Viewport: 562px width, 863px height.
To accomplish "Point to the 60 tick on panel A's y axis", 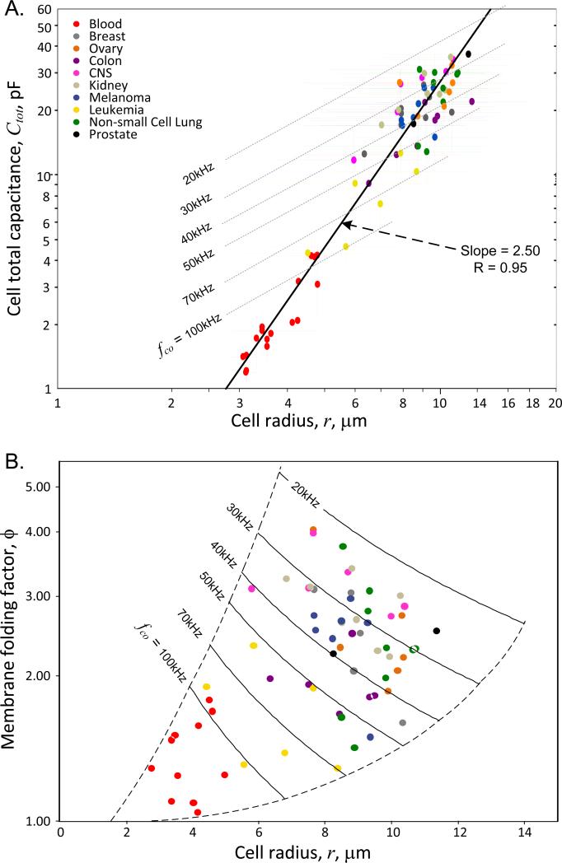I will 44,10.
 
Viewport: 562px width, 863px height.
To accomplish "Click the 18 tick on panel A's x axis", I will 532,404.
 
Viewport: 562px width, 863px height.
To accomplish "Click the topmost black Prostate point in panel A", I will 468,54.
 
